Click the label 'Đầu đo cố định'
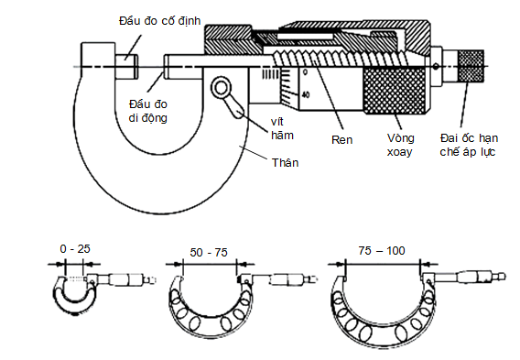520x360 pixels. coord(160,21)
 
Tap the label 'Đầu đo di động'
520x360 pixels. coord(148,111)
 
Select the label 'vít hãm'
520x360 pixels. coord(282,129)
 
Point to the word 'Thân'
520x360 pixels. coord(286,162)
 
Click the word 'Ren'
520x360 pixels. coord(341,139)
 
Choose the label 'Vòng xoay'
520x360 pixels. coord(401,145)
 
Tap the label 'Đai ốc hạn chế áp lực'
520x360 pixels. coord(469,145)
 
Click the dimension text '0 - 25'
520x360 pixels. coord(75,249)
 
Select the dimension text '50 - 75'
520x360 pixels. coord(209,253)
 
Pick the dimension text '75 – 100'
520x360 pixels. coord(382,250)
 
